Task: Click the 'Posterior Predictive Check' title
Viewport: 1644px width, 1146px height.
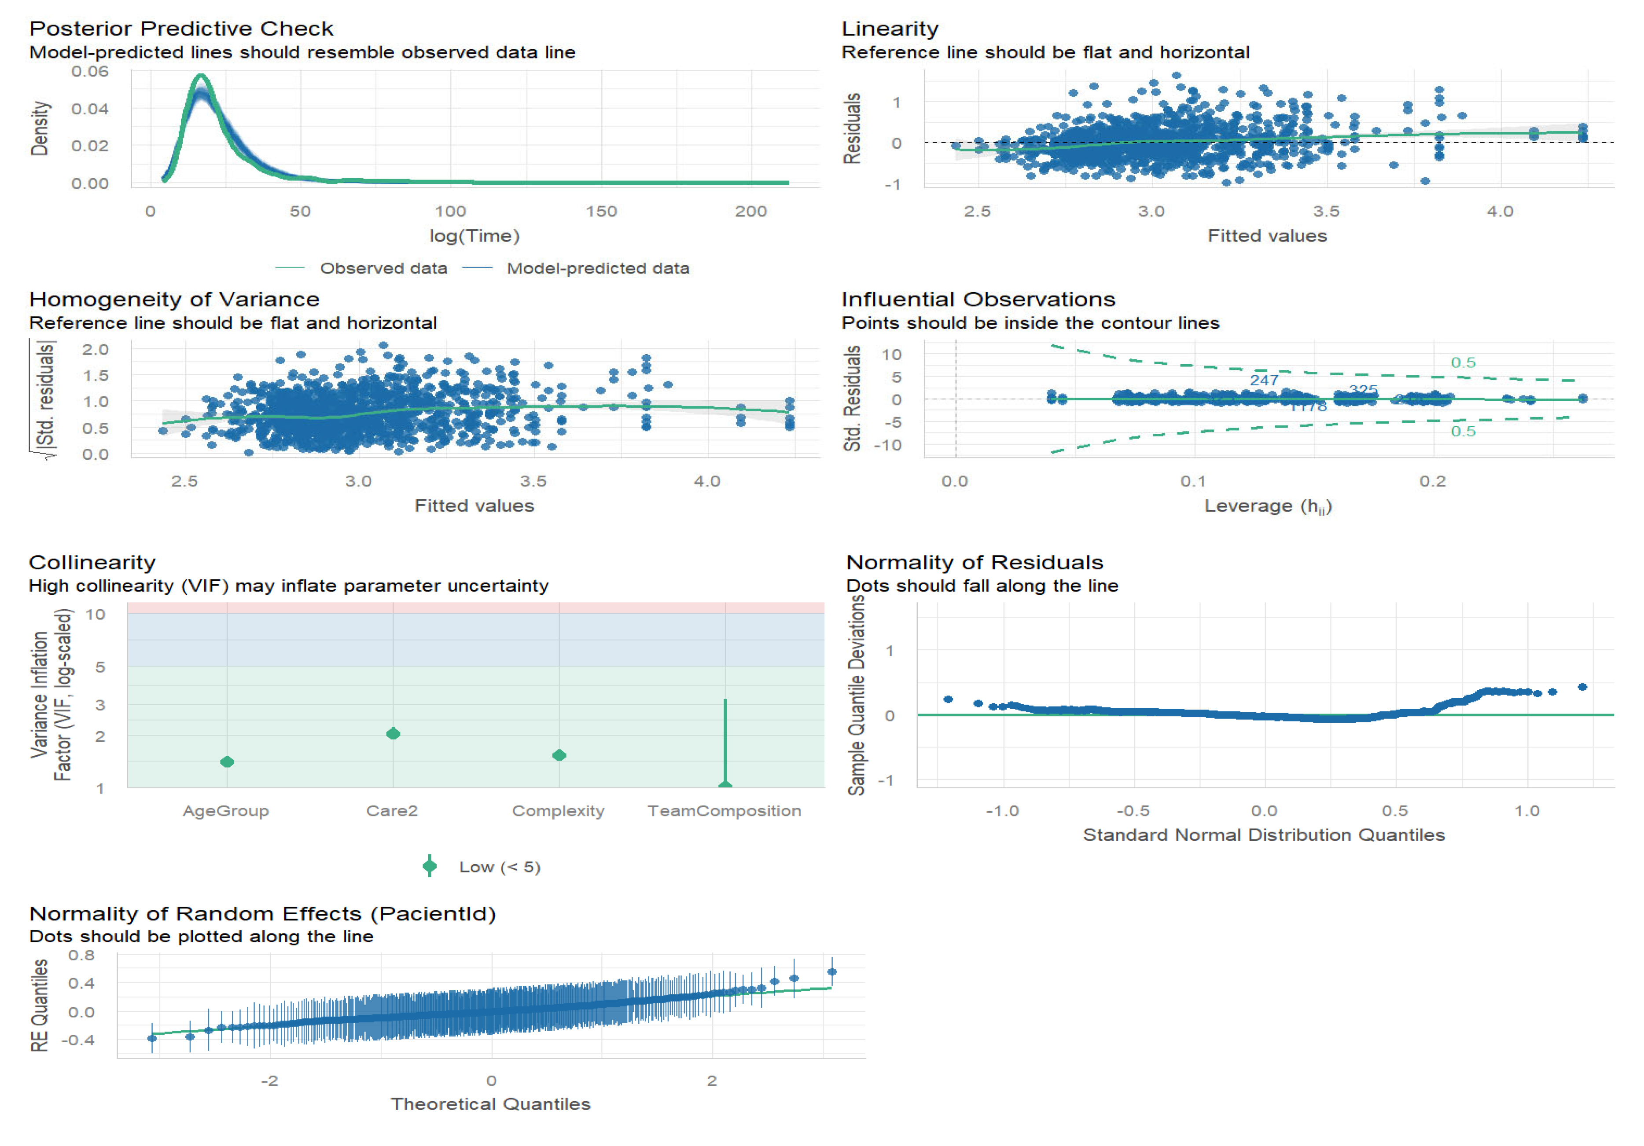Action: click(x=181, y=29)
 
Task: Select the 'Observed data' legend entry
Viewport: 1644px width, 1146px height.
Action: click(x=383, y=268)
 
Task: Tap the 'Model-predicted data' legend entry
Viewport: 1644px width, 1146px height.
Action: click(x=598, y=268)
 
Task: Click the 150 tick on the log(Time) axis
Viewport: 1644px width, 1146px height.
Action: click(x=601, y=211)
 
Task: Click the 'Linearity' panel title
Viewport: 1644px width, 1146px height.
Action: click(x=889, y=29)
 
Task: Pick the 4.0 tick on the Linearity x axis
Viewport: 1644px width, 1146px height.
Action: click(x=1499, y=211)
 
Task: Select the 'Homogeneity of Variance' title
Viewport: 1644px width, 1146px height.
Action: click(x=174, y=299)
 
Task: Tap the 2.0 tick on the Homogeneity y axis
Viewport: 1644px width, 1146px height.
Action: click(x=95, y=349)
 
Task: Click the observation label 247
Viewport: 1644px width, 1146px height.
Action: click(x=1264, y=380)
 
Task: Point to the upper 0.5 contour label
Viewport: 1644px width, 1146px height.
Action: click(x=1463, y=363)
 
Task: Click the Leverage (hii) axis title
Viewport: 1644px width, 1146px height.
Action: click(x=1267, y=506)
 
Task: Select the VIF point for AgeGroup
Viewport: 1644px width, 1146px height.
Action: click(x=227, y=762)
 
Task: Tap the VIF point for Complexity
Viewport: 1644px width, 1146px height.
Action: click(x=559, y=755)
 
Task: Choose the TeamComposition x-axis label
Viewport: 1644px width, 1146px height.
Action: click(x=724, y=811)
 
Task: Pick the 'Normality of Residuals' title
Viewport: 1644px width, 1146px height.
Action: click(x=975, y=563)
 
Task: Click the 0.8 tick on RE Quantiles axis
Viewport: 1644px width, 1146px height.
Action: click(x=81, y=956)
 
